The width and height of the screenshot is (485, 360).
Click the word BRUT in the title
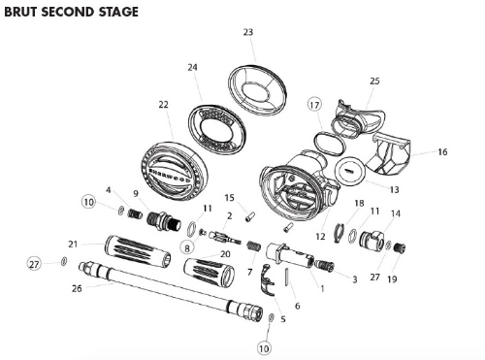[21, 12]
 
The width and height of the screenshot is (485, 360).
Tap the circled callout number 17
[314, 105]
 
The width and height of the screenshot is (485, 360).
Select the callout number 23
[248, 32]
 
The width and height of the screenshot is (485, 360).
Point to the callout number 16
[442, 151]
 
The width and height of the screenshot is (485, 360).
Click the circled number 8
[187, 247]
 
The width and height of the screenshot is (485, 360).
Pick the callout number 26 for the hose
[77, 288]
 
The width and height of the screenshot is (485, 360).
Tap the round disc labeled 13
[350, 171]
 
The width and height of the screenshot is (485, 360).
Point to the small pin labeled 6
[287, 277]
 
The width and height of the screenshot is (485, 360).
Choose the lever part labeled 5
[268, 280]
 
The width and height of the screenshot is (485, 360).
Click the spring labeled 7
[254, 246]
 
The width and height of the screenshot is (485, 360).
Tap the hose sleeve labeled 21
[138, 251]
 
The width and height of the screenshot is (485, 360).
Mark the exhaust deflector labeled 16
[390, 152]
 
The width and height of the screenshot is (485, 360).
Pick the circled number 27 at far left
[34, 264]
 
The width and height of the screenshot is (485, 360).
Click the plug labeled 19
[400, 248]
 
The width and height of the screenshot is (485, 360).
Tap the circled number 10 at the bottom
[264, 348]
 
